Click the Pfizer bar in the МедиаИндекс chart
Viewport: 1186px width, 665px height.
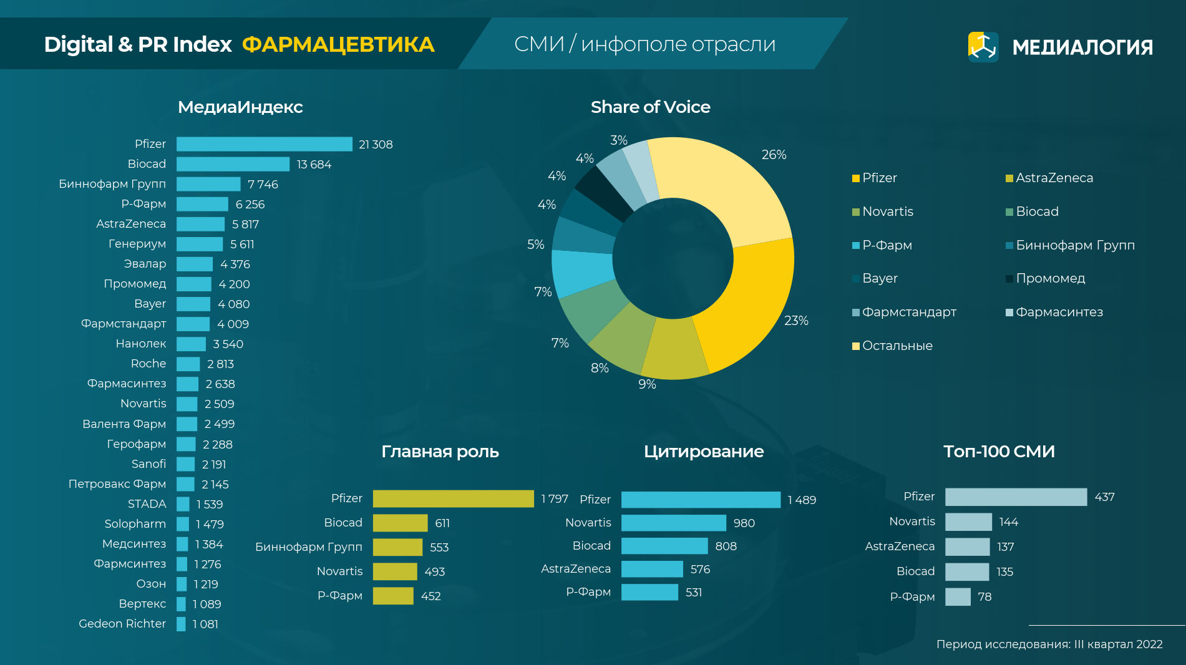pyautogui.click(x=264, y=144)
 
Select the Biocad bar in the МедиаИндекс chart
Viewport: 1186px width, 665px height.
pyautogui.click(x=233, y=164)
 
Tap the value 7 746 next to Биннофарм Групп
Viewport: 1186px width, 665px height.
pyautogui.click(x=263, y=185)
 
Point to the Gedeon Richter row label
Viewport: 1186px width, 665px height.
pyautogui.click(x=122, y=624)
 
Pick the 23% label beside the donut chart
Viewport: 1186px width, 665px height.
pyautogui.click(x=796, y=321)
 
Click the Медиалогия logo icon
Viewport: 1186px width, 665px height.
pyautogui.click(x=983, y=47)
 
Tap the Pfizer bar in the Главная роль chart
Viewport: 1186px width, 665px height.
pyautogui.click(x=453, y=499)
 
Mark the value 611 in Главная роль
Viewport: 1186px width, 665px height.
pyautogui.click(x=442, y=523)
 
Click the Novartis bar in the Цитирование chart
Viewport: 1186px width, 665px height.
pyautogui.click(x=673, y=523)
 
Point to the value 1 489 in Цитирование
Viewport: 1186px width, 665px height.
pyautogui.click(x=802, y=500)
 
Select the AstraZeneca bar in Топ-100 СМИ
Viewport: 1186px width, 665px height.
pyautogui.click(x=967, y=547)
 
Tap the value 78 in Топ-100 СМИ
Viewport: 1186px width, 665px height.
pyautogui.click(x=984, y=597)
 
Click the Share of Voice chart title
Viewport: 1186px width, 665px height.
pyautogui.click(x=650, y=107)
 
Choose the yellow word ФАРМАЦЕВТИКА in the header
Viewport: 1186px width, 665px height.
pyautogui.click(x=338, y=45)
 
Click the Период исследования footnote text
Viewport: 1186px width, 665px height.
pyautogui.click(x=1049, y=644)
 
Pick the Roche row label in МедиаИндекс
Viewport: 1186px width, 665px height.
pyautogui.click(x=148, y=364)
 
